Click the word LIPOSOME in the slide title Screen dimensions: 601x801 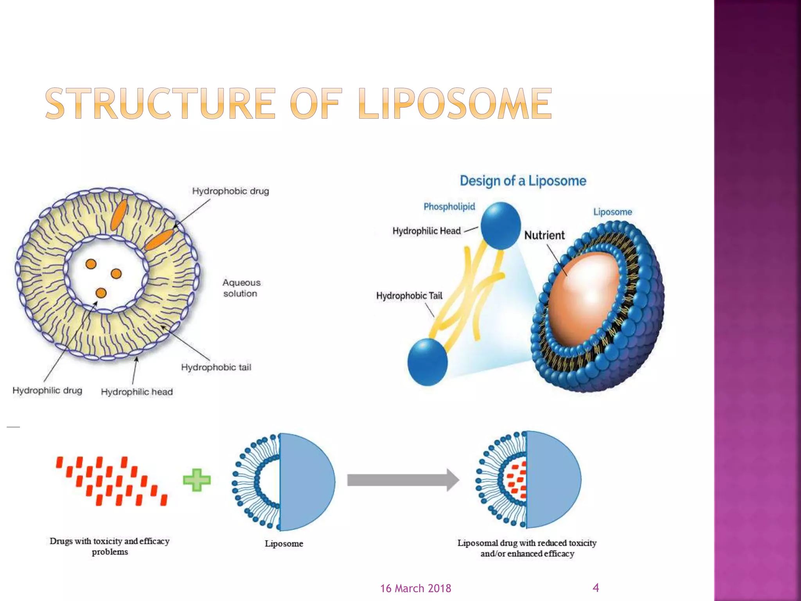455,103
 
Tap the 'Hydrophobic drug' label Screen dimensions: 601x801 230,191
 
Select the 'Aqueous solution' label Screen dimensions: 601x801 241,288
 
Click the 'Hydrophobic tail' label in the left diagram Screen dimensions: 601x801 216,367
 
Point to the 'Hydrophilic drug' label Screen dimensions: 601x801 47,390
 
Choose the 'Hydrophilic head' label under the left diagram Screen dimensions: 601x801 136,392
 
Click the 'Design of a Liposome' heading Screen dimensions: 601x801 523,181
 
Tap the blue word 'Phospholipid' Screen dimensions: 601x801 449,207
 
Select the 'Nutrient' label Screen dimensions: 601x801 544,236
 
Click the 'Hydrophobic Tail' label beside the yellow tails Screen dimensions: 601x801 409,296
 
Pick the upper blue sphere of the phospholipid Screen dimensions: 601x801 500,226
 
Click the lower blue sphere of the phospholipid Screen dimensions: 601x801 427,362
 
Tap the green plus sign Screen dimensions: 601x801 197,480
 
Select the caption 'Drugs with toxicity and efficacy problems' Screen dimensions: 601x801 110,546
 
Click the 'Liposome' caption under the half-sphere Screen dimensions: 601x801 284,544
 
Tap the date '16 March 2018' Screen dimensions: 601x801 415,588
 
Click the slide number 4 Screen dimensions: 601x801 596,587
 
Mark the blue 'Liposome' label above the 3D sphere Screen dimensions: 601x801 612,212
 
